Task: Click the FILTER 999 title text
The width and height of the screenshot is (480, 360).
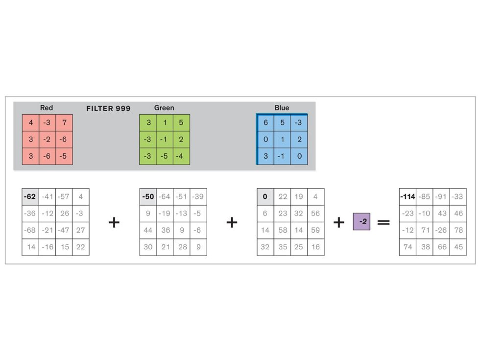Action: click(108, 108)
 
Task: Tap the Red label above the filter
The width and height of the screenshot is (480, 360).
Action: click(47, 108)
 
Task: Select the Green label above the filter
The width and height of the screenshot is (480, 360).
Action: click(164, 108)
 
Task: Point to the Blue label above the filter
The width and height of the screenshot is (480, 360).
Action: click(282, 108)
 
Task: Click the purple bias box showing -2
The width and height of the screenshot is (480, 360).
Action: click(361, 221)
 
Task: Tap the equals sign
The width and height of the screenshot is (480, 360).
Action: click(384, 222)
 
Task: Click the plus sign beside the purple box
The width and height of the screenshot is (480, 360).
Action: click(339, 222)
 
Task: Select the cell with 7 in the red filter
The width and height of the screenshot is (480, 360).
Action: click(64, 123)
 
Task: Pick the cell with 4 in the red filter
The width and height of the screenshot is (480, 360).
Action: click(30, 123)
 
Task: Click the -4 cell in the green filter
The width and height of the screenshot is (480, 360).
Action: click(181, 156)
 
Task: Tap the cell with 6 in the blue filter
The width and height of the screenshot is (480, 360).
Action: click(265, 123)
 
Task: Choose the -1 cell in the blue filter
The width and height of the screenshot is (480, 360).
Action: click(282, 156)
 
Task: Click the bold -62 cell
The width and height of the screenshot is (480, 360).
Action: click(30, 197)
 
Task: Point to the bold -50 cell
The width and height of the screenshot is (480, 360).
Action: click(148, 197)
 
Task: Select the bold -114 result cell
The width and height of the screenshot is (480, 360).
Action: click(408, 197)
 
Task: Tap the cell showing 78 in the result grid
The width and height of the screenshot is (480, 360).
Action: click(458, 230)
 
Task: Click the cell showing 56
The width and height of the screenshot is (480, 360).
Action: click(315, 214)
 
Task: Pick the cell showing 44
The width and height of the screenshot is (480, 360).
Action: click(148, 230)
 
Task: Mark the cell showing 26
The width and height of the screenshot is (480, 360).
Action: click(64, 214)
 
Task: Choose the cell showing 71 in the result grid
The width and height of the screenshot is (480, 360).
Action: click(425, 230)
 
